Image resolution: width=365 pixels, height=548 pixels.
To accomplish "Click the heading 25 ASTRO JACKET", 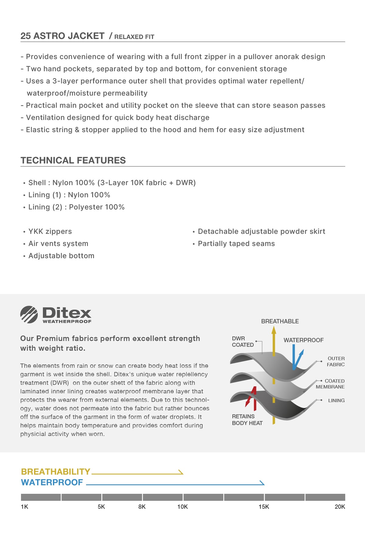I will point(62,36).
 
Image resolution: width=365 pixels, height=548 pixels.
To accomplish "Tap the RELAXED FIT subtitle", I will point(134,37).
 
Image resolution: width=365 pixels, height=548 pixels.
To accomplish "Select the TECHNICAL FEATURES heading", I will point(73,160).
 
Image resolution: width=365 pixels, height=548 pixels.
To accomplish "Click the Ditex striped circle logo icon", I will point(29,314).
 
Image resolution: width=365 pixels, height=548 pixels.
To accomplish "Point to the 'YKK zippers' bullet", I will point(50,231).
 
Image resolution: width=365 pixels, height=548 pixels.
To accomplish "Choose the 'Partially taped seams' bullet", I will point(236,244).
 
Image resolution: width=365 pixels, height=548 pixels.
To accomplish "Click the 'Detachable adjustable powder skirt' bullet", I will point(261,231).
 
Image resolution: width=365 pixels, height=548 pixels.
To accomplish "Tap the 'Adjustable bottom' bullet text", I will point(61,256).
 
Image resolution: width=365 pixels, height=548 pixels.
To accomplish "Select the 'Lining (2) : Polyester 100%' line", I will point(76,207).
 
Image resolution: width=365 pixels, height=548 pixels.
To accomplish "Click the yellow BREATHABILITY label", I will point(56,472).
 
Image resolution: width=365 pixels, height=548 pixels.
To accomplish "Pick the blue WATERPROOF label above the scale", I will point(52,482).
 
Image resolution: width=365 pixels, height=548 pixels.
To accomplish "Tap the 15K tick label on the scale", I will point(264,507).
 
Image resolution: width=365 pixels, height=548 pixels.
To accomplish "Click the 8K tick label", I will point(142,507).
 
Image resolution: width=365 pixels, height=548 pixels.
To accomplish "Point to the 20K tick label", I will point(340,507).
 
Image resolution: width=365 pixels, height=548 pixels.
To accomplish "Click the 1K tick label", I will point(24,507).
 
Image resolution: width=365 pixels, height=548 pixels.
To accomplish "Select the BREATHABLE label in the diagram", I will point(280,321).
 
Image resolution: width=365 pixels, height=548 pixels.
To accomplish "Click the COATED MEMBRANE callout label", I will point(330,384).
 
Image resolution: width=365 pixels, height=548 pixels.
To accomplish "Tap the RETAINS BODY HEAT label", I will point(247,420).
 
